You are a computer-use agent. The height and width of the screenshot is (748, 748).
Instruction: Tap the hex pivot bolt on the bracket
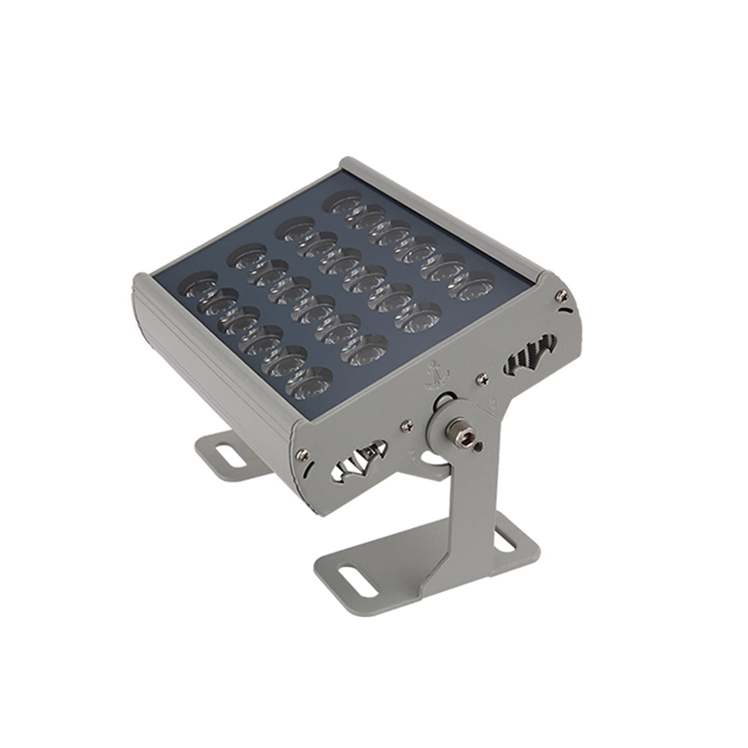[454, 427]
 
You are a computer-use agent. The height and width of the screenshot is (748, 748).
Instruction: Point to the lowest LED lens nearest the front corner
[309, 383]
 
